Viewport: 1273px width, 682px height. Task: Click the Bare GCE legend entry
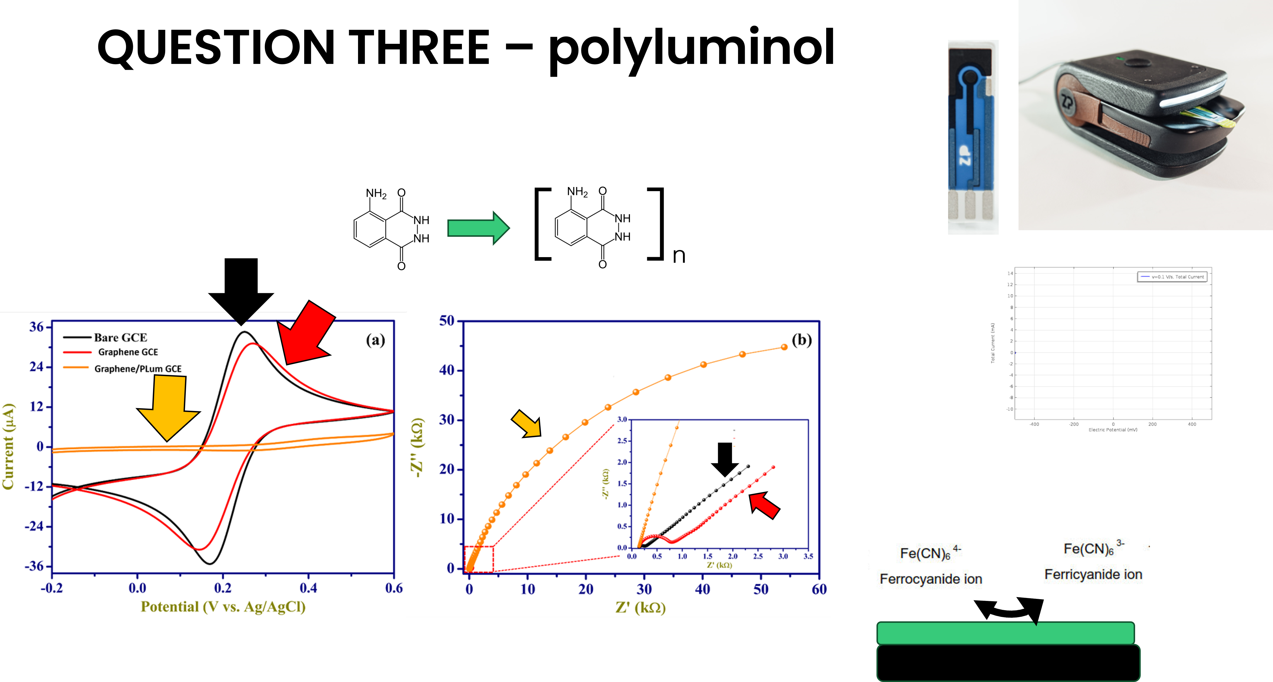(x=120, y=338)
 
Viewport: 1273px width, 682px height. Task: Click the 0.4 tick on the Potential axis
(x=308, y=588)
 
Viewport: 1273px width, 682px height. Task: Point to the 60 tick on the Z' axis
(x=819, y=589)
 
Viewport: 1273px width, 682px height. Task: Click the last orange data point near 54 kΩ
(x=784, y=347)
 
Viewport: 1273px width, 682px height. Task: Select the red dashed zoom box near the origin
(x=478, y=559)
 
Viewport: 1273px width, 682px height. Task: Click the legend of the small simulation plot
(x=1172, y=277)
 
